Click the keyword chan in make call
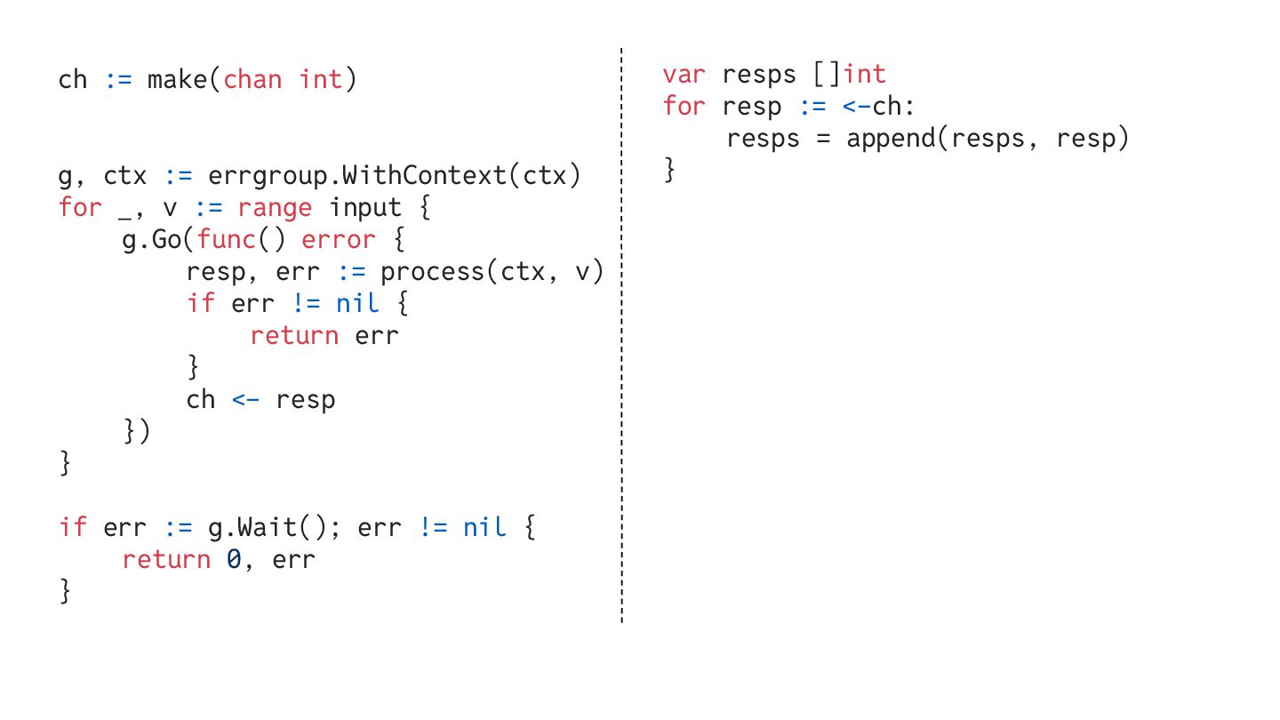click(x=252, y=80)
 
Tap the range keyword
click(x=275, y=208)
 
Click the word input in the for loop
click(x=365, y=208)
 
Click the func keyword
click(x=226, y=240)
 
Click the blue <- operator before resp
click(x=245, y=400)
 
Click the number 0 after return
click(x=233, y=560)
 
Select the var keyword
click(x=683, y=75)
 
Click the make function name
click(x=177, y=80)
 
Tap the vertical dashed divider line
click(x=621, y=356)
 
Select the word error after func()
click(x=339, y=240)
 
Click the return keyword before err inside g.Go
click(x=294, y=336)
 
